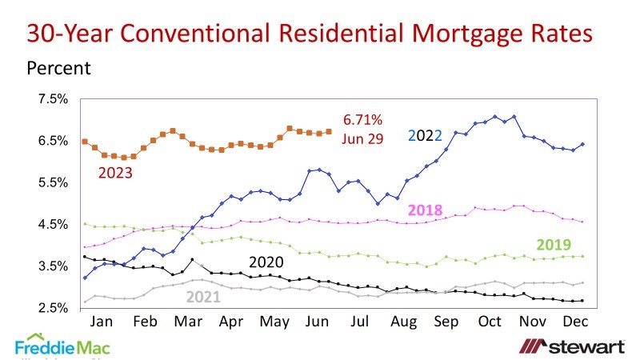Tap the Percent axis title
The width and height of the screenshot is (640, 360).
pos(59,68)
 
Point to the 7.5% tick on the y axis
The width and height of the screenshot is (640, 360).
pos(54,99)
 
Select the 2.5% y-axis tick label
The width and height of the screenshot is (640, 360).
pos(54,308)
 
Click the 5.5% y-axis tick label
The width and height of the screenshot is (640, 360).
pos(54,183)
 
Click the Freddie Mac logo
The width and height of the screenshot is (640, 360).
pos(62,346)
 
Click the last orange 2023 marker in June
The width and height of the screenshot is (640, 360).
pos(329,131)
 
